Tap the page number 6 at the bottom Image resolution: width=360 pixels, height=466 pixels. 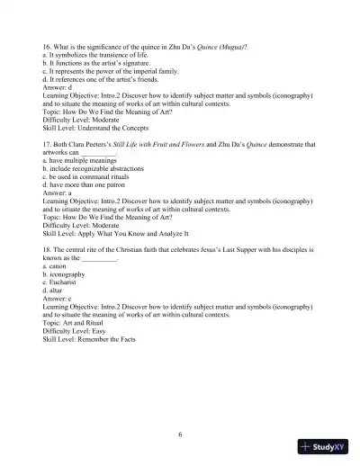point(180,435)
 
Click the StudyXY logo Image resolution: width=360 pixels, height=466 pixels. point(325,447)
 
